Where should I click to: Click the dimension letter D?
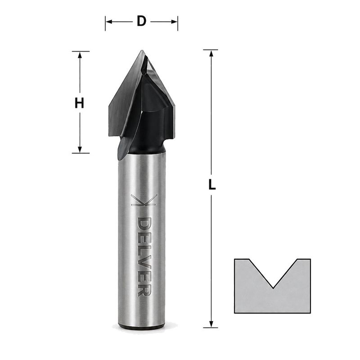[x=142, y=21]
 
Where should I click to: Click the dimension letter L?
[x=212, y=184]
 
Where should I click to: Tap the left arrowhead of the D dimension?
[x=109, y=22]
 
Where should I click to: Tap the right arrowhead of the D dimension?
[x=174, y=22]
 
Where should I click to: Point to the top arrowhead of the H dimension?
[x=80, y=55]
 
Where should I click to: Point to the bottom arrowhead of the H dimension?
[x=80, y=149]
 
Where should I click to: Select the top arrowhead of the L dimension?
[x=211, y=53]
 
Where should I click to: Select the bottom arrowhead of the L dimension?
[x=211, y=324]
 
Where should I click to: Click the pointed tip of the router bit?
[x=142, y=50]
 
